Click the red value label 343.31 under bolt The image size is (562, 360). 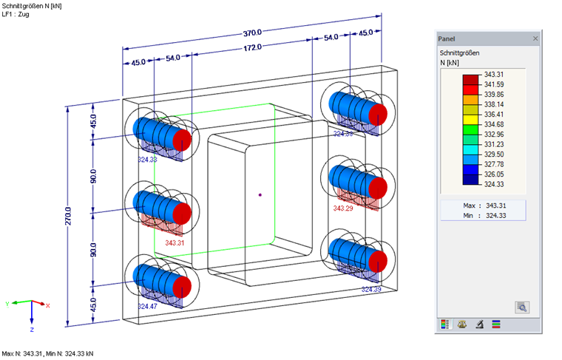pyautogui.click(x=175, y=242)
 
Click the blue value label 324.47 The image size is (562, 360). pyautogui.click(x=148, y=305)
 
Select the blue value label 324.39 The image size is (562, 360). pyautogui.click(x=371, y=290)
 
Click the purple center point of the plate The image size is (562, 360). pyautogui.click(x=260, y=195)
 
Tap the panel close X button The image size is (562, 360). pyautogui.click(x=535, y=38)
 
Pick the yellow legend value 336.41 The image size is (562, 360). pyautogui.click(x=493, y=115)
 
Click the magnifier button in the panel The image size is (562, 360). pyautogui.click(x=522, y=306)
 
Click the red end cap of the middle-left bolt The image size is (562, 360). pyautogui.click(x=181, y=213)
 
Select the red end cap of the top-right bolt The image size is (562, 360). pyautogui.click(x=378, y=115)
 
